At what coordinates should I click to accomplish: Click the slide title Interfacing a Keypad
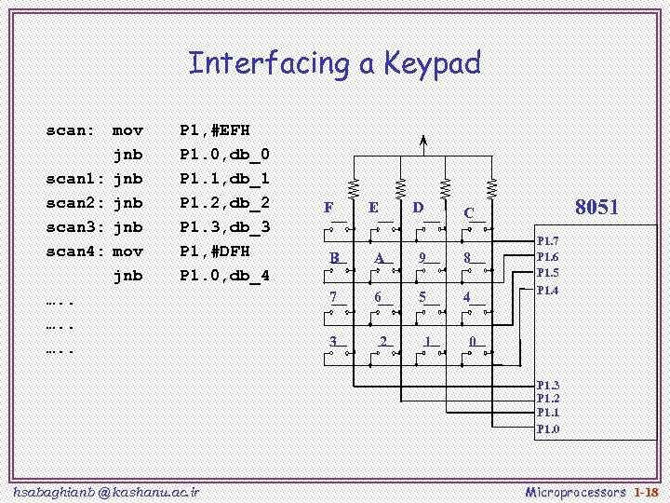point(334,63)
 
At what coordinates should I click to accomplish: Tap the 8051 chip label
point(596,208)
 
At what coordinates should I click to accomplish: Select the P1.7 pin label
point(548,241)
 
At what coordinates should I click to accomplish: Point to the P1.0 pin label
point(548,429)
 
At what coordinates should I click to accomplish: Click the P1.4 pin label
point(548,291)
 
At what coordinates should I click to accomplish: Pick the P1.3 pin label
point(548,386)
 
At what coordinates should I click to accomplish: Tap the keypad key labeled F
point(328,209)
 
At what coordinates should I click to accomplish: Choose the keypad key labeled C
point(469,213)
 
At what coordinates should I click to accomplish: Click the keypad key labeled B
point(334,258)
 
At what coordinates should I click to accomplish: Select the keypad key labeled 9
point(422,258)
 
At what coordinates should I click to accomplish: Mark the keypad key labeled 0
point(473,342)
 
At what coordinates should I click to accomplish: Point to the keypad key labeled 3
point(333,342)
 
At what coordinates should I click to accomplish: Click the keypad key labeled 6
point(378,297)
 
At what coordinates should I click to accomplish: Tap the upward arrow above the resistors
point(423,143)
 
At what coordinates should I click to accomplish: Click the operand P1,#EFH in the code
point(215,130)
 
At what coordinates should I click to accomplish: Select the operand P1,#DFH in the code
point(215,251)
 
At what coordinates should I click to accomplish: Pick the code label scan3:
point(70,227)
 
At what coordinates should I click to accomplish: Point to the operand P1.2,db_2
point(225,203)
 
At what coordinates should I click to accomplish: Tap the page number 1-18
point(646,491)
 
